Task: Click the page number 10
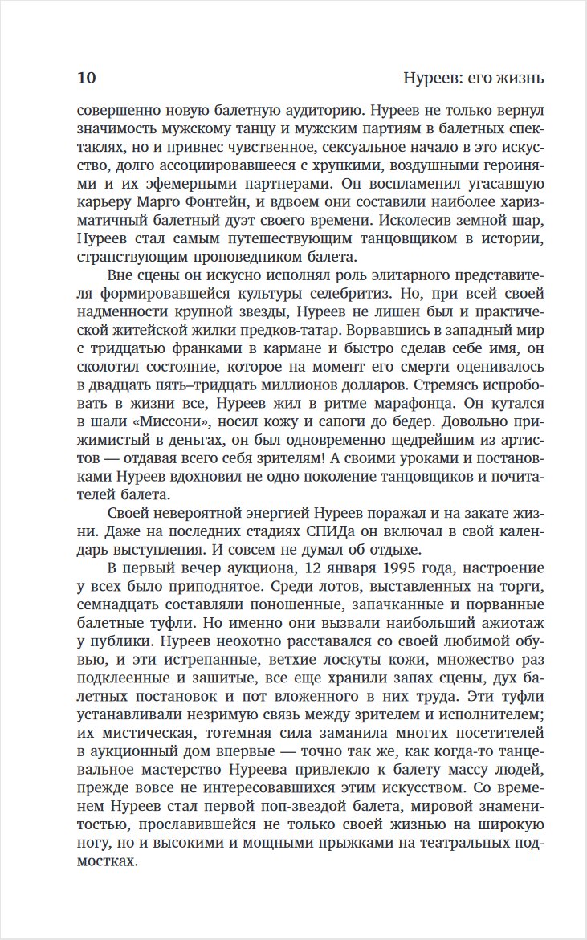coord(87,79)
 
